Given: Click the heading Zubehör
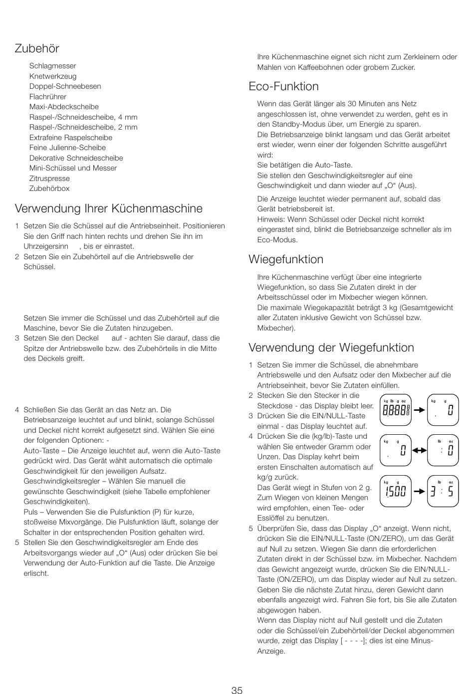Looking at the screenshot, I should tap(37, 48).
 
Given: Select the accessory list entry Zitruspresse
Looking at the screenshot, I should tap(49, 178).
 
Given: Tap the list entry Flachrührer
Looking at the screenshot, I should tap(47, 97).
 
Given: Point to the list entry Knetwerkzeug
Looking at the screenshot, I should tap(53, 76).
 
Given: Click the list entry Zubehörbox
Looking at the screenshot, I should tap(49, 188).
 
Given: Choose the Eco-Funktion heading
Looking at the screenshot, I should tap(283, 86).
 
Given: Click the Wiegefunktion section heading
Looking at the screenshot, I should tap(286, 259).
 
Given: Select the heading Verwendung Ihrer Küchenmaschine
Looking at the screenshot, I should tap(109, 208).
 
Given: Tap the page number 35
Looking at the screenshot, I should tap(237, 690).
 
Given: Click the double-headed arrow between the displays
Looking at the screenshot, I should tap(419, 450).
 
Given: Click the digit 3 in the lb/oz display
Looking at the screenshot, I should tap(434, 492).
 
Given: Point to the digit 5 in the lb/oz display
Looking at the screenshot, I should tap(450, 492).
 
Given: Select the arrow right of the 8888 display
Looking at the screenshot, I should tap(419, 410).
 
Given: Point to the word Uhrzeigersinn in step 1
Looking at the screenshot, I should tap(46, 246).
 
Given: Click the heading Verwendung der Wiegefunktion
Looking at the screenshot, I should tap(331, 347).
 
